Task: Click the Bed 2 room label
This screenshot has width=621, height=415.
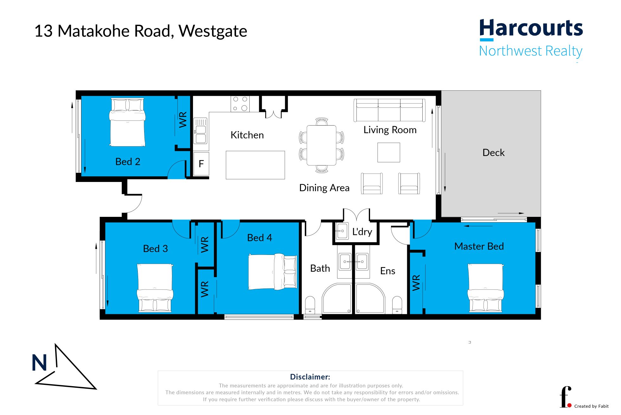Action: pyautogui.click(x=128, y=162)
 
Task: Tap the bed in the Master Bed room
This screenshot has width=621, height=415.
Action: pyautogui.click(x=485, y=287)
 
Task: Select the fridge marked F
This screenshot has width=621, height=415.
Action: pyautogui.click(x=201, y=164)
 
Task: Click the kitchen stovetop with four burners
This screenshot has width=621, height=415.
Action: pyautogui.click(x=240, y=104)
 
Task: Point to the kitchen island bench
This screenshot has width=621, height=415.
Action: pyautogui.click(x=255, y=165)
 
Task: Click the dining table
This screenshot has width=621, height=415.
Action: pyautogui.click(x=321, y=145)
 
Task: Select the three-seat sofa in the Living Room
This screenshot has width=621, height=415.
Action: pyautogui.click(x=389, y=110)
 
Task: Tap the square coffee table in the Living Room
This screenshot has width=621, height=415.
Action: pyautogui.click(x=388, y=152)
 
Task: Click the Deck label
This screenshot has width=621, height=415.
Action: pyautogui.click(x=493, y=153)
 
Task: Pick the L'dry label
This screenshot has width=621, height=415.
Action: pyautogui.click(x=362, y=232)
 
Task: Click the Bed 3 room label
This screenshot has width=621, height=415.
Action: pyautogui.click(x=155, y=249)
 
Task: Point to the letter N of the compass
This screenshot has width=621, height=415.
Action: pyautogui.click(x=39, y=363)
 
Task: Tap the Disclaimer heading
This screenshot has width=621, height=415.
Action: pyautogui.click(x=310, y=377)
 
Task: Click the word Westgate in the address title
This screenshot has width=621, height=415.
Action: pyautogui.click(x=213, y=31)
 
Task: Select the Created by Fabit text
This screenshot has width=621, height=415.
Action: pyautogui.click(x=591, y=406)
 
